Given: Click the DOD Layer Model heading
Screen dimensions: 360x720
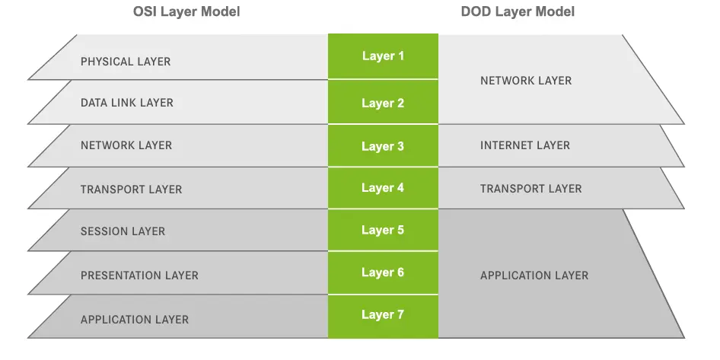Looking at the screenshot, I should (518, 12).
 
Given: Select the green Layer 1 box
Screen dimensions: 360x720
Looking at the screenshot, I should (383, 56).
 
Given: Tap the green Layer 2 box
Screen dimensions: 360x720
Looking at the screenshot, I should (383, 104).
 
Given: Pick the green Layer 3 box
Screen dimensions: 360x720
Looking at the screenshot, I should (383, 146).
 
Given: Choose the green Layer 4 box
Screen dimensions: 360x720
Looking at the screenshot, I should (383, 188).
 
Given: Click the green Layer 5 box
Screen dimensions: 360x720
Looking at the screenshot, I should (383, 230).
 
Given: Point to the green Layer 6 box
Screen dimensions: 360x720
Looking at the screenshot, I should (383, 272).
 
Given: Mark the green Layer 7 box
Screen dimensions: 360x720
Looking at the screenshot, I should (383, 314).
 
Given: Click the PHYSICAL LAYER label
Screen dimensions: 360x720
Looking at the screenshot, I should (126, 62).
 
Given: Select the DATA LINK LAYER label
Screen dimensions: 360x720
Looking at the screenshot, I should (127, 103).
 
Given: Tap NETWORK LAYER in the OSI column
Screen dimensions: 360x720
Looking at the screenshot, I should (126, 145).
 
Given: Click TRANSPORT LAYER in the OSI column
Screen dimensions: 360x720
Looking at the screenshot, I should (131, 189).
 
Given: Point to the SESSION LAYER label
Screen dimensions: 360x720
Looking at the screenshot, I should (123, 231).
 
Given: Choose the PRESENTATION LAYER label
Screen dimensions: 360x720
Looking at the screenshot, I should (139, 276).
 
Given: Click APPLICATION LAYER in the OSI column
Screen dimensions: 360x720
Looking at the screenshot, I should (135, 320).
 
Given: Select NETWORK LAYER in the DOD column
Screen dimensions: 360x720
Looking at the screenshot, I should (526, 81).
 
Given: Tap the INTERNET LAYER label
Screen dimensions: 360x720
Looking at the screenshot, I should (525, 145).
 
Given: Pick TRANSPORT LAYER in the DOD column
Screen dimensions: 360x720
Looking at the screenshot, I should (530, 189).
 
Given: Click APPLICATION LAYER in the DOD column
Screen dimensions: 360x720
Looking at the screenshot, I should (534, 276).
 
